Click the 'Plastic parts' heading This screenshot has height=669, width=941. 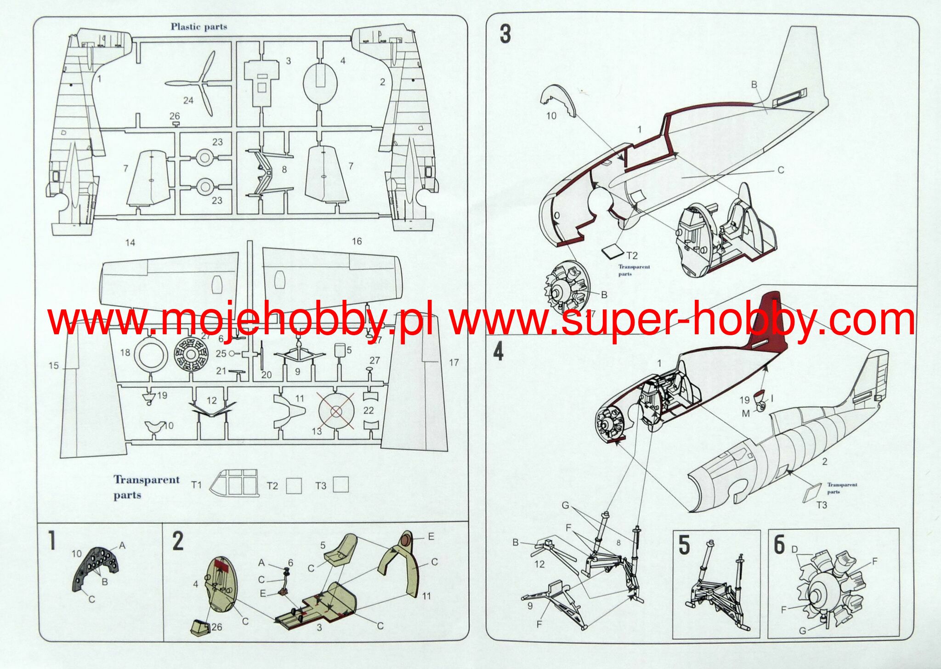[x=199, y=27]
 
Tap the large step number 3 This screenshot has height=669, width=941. [x=505, y=34]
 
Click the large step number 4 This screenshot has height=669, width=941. [x=499, y=352]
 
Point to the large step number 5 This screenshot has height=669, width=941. [x=685, y=545]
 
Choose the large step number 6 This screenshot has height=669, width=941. [x=779, y=545]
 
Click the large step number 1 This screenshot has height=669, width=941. [x=52, y=541]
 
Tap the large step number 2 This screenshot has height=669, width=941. [x=178, y=541]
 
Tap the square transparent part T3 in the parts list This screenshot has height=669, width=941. [x=340, y=484]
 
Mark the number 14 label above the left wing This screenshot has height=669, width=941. [x=130, y=242]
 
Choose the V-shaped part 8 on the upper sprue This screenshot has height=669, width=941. [x=265, y=172]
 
